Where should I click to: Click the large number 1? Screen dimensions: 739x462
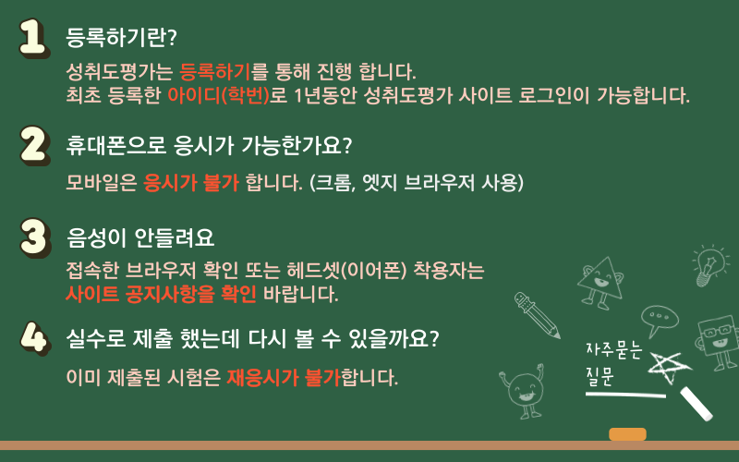tap(34, 38)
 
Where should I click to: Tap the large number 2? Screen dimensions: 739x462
tap(35, 145)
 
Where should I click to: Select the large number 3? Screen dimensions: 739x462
tap(35, 237)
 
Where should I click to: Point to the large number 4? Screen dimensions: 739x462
tap(35, 337)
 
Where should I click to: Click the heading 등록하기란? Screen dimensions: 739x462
tap(121, 37)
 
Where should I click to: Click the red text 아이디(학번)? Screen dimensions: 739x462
tap(218, 95)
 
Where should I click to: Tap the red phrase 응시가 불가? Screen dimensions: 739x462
tap(191, 182)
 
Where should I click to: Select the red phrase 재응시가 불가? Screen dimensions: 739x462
tap(284, 378)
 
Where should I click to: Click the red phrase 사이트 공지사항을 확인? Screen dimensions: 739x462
tap(161, 294)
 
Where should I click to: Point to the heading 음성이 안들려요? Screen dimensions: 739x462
tap(140, 237)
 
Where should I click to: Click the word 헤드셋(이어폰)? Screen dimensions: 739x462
tap(345, 271)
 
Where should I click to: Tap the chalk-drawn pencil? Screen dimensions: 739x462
tap(537, 315)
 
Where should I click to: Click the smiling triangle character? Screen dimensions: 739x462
tap(600, 283)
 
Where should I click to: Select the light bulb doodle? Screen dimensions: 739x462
tap(709, 264)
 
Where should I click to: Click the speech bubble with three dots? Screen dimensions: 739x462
tap(659, 320)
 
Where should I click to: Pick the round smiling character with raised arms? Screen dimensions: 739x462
tap(523, 391)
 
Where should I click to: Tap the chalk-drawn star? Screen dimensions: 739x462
tap(669, 368)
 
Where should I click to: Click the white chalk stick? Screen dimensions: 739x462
tap(697, 404)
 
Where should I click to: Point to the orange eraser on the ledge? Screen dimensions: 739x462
tap(627, 434)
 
